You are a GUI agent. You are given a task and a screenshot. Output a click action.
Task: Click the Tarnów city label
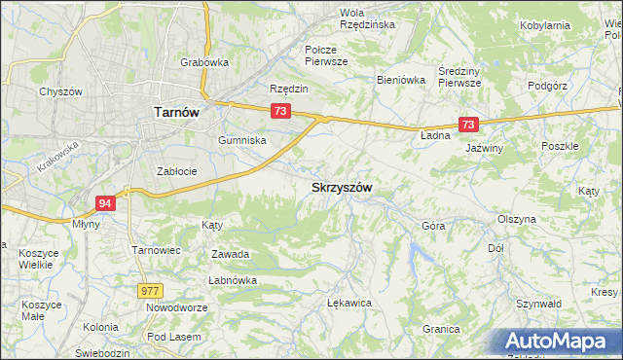pyautogui.click(x=176, y=112)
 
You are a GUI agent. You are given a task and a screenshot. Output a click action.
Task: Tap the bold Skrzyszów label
pyautogui.click(x=344, y=187)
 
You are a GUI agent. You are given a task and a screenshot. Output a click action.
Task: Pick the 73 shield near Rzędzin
pyautogui.click(x=280, y=112)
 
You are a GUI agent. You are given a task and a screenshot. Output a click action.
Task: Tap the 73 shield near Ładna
pyautogui.click(x=468, y=125)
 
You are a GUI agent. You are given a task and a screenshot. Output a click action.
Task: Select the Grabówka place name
pyautogui.click(x=203, y=62)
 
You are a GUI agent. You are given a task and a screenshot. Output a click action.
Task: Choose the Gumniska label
pyautogui.click(x=242, y=140)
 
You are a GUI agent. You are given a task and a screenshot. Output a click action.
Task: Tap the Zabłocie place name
pyautogui.click(x=177, y=171)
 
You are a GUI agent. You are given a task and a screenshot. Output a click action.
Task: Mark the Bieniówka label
pyautogui.click(x=401, y=81)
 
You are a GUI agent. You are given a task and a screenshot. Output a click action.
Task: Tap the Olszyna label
pyautogui.click(x=516, y=219)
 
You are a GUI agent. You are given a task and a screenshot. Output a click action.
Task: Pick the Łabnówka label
pyautogui.click(x=232, y=281)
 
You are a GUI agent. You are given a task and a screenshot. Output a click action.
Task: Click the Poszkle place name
pyautogui.click(x=560, y=146)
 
